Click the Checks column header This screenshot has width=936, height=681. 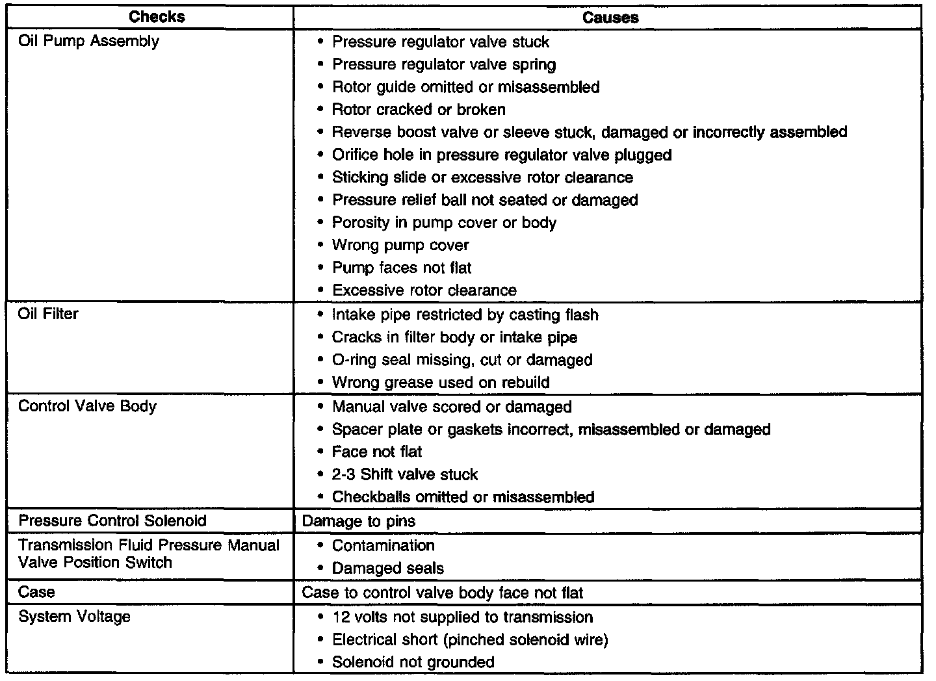pyautogui.click(x=157, y=17)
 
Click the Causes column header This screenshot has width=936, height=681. pyautogui.click(x=610, y=18)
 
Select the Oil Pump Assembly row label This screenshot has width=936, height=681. pyautogui.click(x=88, y=41)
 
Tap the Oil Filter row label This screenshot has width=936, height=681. pyautogui.click(x=48, y=314)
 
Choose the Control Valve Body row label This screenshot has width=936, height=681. pyautogui.click(x=87, y=406)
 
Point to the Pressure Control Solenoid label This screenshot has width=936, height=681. pyautogui.click(x=112, y=520)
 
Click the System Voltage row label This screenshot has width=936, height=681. pyautogui.click(x=74, y=616)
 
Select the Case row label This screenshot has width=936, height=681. pyautogui.click(x=36, y=592)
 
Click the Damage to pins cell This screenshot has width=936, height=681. pyautogui.click(x=359, y=521)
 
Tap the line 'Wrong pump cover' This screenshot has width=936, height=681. pyautogui.click(x=400, y=245)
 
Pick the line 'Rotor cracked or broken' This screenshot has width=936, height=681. pyautogui.click(x=419, y=109)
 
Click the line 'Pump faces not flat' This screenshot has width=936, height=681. pyautogui.click(x=402, y=268)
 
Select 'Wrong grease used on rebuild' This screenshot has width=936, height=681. pyautogui.click(x=441, y=382)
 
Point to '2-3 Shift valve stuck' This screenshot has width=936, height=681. pyautogui.click(x=405, y=474)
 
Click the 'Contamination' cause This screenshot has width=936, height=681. pyautogui.click(x=383, y=545)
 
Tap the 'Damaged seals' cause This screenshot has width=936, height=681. pyautogui.click(x=387, y=569)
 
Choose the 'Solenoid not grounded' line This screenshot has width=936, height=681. pyautogui.click(x=413, y=662)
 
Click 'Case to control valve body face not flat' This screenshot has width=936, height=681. pyautogui.click(x=443, y=593)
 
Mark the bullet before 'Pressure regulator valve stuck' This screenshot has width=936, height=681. pyautogui.click(x=320, y=42)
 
